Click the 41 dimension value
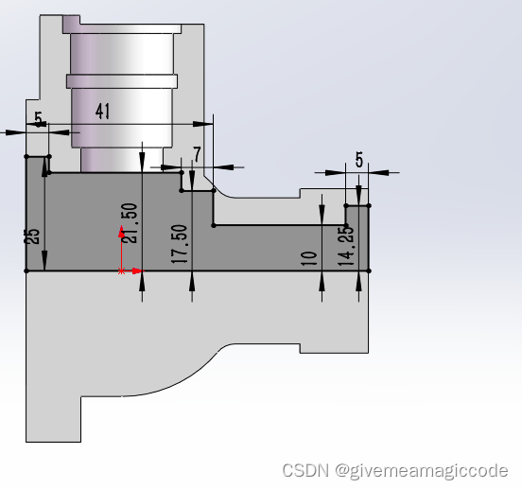pos(103,112)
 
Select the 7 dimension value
pos(197,153)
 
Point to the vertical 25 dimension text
pos(33,236)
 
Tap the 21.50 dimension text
pos(129,222)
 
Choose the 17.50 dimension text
pos(180,245)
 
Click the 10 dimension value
pos(308,258)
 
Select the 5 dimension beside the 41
pos(38,119)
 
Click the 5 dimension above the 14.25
pos(359,160)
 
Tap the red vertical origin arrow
pos(121,247)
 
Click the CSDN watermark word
pos(304,470)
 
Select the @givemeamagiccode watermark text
pos(422,470)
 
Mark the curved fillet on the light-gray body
pos(189,374)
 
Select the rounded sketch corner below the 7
pos(216,190)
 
